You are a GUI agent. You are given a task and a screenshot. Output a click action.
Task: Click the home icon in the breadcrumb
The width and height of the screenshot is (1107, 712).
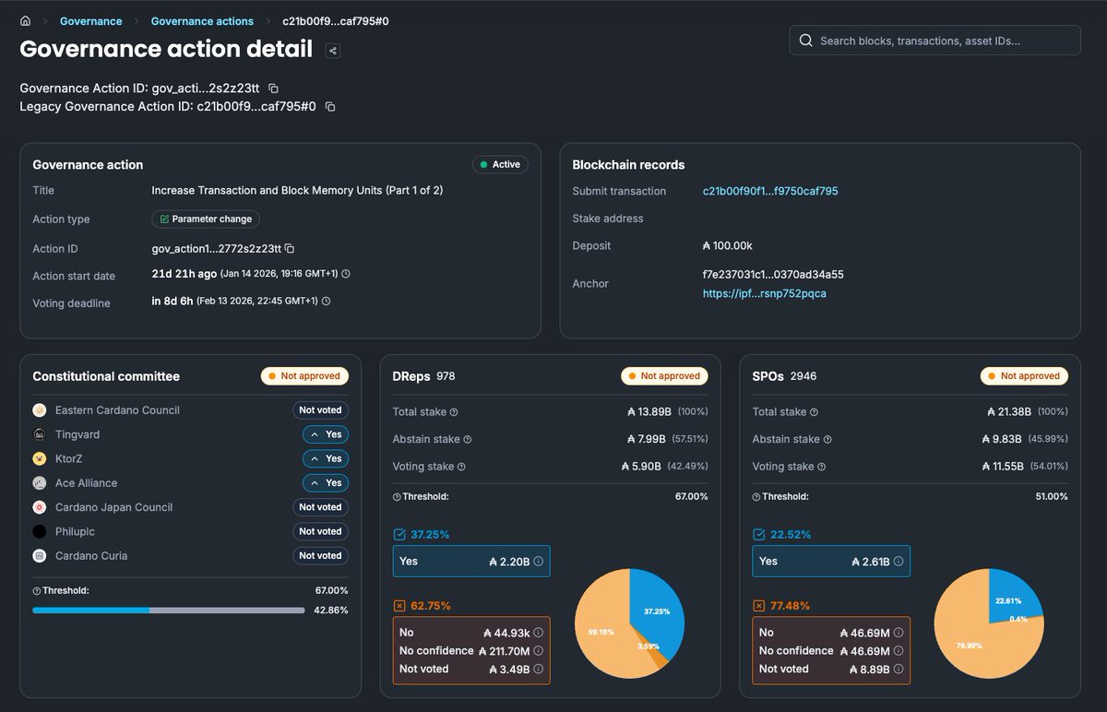pos(26,21)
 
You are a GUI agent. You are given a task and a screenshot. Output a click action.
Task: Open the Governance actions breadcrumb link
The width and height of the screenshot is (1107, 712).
pos(202,21)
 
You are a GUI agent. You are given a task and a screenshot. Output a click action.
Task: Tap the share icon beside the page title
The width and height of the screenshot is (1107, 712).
pos(333,51)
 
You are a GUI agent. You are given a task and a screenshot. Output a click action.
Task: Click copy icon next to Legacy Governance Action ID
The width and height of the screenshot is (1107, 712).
pos(330,107)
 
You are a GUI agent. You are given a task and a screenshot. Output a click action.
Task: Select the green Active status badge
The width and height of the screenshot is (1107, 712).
pos(500,164)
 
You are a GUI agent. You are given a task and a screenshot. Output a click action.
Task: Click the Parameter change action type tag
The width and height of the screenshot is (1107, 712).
pos(206,220)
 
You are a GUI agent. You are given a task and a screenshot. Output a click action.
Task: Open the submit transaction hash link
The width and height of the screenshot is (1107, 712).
pos(770,191)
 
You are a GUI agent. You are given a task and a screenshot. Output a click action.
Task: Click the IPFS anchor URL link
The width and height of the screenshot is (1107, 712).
pos(764,293)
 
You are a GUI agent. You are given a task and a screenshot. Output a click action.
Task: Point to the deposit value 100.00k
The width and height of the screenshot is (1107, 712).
pos(728,246)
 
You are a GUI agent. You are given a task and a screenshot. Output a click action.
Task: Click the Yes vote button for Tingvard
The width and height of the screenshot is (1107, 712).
pos(326,434)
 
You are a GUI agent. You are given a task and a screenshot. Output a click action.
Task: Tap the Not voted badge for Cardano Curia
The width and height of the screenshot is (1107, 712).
pos(320,556)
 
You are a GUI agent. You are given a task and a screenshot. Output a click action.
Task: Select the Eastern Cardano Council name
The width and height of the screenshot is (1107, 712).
pos(117,410)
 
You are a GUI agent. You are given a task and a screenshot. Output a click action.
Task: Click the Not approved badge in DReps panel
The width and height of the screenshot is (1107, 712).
pos(664,376)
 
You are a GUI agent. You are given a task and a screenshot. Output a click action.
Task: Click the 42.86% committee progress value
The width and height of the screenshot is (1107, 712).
pos(330,611)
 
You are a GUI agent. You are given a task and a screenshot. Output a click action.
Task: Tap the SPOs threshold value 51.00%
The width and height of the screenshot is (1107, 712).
pos(1051,496)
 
